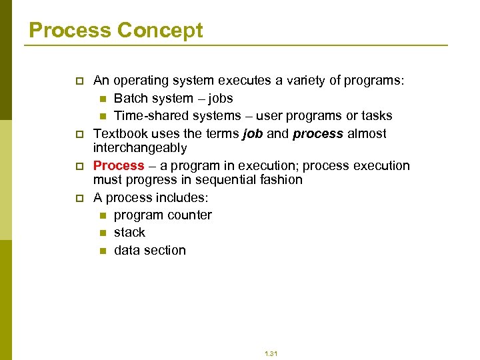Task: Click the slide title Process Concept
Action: pyautogui.click(x=116, y=30)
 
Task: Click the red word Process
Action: pyautogui.click(x=119, y=165)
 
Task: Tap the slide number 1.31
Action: pyautogui.click(x=270, y=353)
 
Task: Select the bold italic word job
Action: pyautogui.click(x=253, y=133)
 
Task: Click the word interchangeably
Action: pyautogui.click(x=140, y=147)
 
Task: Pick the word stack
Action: pyautogui.click(x=129, y=232)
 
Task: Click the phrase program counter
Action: pyautogui.click(x=163, y=215)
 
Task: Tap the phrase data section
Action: pyautogui.click(x=150, y=250)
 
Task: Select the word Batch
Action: pyautogui.click(x=133, y=98)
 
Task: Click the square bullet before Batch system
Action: pyautogui.click(x=103, y=99)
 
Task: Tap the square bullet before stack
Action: pyautogui.click(x=103, y=233)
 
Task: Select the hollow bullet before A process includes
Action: pyautogui.click(x=79, y=198)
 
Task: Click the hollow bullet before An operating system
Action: pyautogui.click(x=79, y=81)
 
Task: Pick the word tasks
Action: pyautogui.click(x=376, y=115)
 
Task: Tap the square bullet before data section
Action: pyautogui.click(x=103, y=251)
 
